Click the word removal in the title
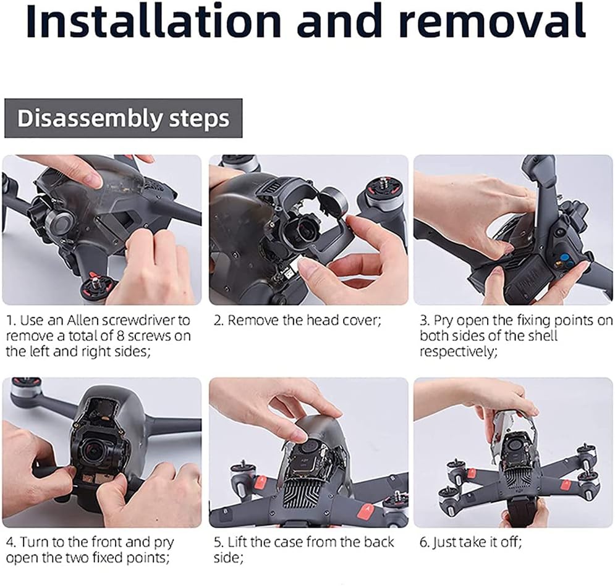point(494,21)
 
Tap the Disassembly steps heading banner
point(123,119)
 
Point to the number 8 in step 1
point(121,336)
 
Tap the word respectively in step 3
point(459,352)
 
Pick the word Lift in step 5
point(238,542)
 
